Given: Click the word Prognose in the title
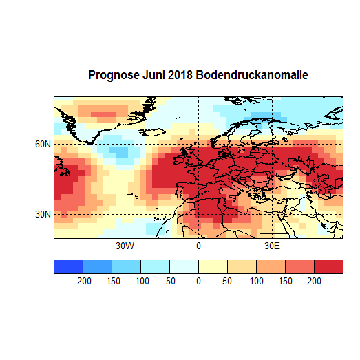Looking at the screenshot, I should point(114,74).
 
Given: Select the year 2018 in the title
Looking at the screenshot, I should point(182,74).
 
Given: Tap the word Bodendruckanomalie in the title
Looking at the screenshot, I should point(252,74).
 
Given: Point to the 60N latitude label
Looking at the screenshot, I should point(43,144).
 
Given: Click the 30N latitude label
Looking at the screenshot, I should point(43,214).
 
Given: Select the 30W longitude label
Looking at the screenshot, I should point(124,246).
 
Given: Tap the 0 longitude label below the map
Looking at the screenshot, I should point(198,246).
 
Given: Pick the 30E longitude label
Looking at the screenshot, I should point(272,246).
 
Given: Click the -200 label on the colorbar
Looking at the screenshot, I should point(83,281).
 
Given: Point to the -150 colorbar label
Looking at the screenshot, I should point(112,281).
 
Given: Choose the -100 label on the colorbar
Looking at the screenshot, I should point(140,281).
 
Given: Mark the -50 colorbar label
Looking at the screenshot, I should point(169,281).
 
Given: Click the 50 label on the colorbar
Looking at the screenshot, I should point(227,281).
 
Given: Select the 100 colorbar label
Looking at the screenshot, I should point(256,281).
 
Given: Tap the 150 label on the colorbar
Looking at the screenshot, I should point(285,281).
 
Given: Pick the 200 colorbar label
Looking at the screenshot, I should point(314,281).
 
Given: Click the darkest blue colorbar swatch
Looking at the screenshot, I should point(68,266).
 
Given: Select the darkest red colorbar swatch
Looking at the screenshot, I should point(328,266).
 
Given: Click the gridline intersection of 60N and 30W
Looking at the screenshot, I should point(124,144).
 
